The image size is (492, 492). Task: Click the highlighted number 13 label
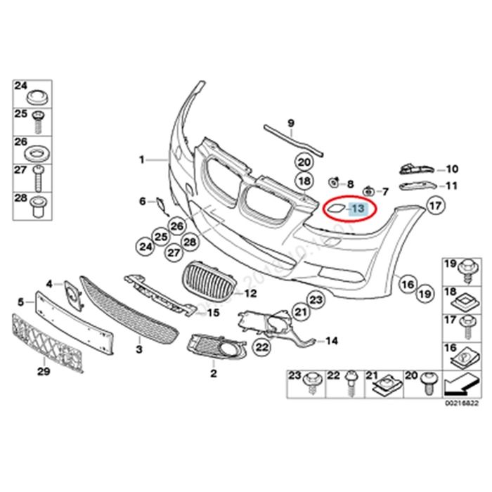(x=358, y=208)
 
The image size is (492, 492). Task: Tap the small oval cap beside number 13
(x=332, y=208)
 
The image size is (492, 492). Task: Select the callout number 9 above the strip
(x=288, y=122)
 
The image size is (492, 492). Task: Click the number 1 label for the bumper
(x=141, y=160)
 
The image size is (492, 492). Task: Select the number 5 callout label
(x=21, y=301)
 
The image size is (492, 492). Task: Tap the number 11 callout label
(x=451, y=186)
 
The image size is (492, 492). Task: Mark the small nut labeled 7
(x=368, y=190)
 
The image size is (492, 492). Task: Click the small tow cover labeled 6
(x=161, y=205)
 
